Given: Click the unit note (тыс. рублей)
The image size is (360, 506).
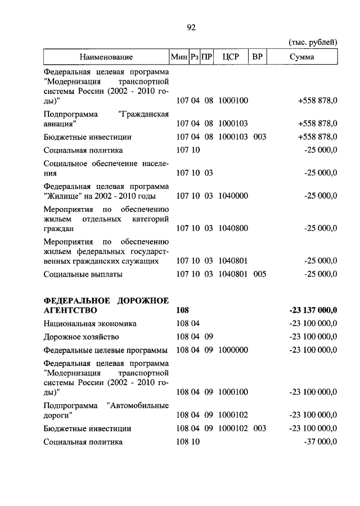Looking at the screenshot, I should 312,42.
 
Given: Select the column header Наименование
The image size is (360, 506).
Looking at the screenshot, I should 106,57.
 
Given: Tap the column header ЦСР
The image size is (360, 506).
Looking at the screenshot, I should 231,57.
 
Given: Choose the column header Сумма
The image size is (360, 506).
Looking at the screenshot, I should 301,57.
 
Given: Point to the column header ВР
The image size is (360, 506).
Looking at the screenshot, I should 258,57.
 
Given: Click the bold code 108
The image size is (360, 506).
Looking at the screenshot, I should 182,310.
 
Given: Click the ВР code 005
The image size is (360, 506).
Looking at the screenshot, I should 259,274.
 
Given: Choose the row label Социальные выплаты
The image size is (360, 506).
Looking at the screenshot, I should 83,274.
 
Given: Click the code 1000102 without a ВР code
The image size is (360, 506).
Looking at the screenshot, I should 233,415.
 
